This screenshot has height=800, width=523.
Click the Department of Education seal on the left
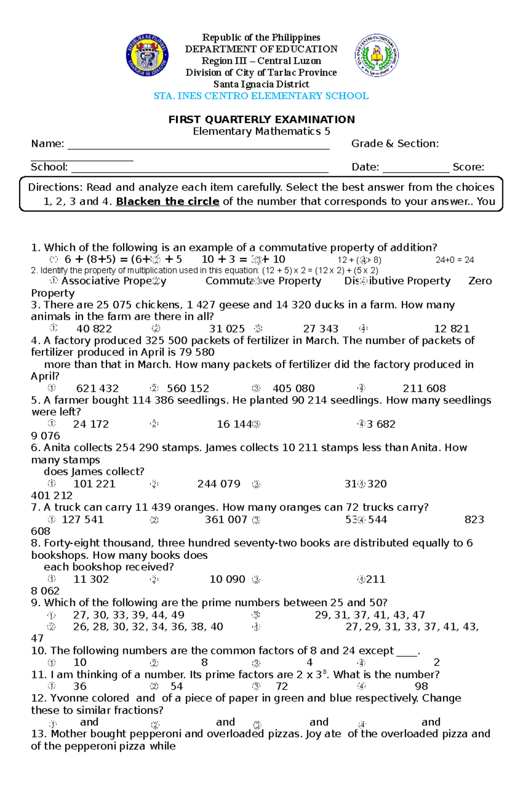pyautogui.click(x=147, y=55)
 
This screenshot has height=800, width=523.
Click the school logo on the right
pyautogui.click(x=377, y=55)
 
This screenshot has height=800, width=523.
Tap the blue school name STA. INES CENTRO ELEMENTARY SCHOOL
pyautogui.click(x=261, y=96)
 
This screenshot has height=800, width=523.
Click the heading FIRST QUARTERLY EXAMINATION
pyautogui.click(x=261, y=119)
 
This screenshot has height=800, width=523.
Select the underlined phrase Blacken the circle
pyautogui.click(x=167, y=201)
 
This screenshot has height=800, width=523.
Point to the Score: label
pyautogui.click(x=468, y=167)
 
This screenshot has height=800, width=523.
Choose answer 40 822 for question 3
pyautogui.click(x=94, y=329)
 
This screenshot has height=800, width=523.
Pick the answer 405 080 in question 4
pyautogui.click(x=293, y=388)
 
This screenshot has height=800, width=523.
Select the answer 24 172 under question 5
pyautogui.click(x=91, y=424)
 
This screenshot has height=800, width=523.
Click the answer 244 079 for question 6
pyautogui.click(x=219, y=484)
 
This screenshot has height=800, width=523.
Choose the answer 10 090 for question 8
pyautogui.click(x=227, y=579)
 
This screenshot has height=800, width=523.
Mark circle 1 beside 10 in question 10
pyautogui.click(x=51, y=663)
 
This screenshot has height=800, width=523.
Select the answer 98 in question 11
pyautogui.click(x=421, y=687)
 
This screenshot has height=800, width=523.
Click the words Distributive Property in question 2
pyautogui.click(x=397, y=281)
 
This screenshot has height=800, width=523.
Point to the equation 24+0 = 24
pyautogui.click(x=455, y=260)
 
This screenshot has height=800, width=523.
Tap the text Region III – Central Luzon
pyautogui.click(x=261, y=61)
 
